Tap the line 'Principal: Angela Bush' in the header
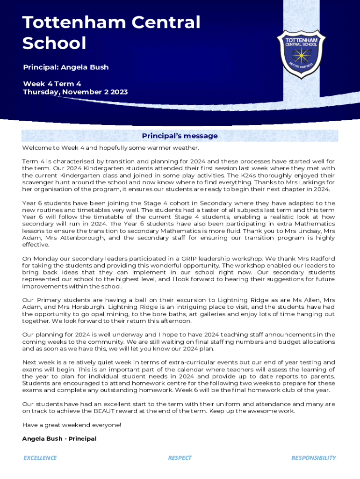tap(66, 67)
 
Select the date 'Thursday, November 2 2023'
tap(75, 92)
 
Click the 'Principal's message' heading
tap(180, 136)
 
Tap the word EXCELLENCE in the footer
tap(40, 458)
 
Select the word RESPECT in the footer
tap(180, 458)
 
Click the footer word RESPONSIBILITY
tap(313, 458)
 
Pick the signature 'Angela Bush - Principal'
tap(59, 439)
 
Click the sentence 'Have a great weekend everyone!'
tap(72, 425)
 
